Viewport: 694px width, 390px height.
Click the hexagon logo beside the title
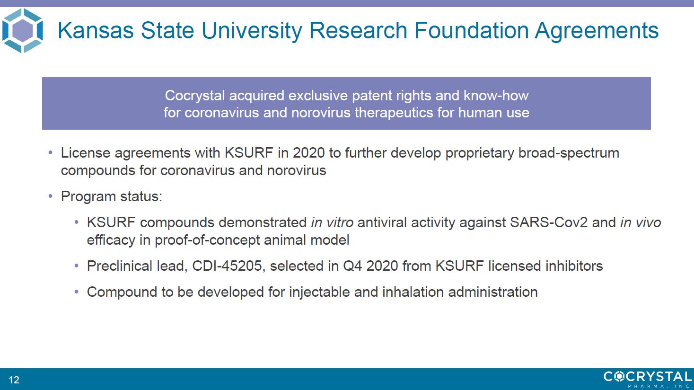click(22, 30)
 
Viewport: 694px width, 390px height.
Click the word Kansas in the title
click(96, 30)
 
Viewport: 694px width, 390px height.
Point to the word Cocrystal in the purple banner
click(194, 96)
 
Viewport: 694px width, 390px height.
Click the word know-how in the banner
click(496, 96)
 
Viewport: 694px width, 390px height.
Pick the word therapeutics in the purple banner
click(394, 113)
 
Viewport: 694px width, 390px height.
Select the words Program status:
click(112, 196)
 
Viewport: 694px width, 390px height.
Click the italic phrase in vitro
click(332, 222)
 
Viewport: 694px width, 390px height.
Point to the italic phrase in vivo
click(641, 222)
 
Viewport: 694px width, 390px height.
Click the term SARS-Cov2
click(549, 222)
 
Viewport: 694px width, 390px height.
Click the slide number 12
click(14, 380)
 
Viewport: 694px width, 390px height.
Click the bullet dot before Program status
click(51, 196)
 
